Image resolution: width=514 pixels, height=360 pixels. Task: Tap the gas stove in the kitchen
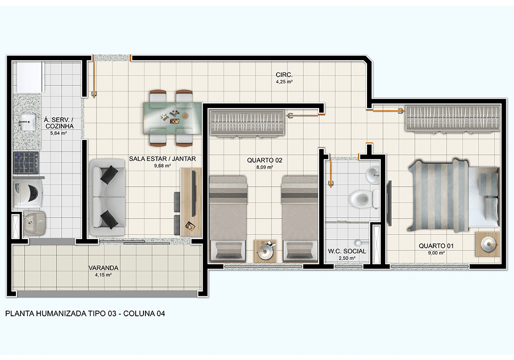coord(26,163)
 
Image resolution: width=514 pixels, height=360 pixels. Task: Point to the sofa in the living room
coord(107,197)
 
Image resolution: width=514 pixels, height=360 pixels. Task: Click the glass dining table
coord(172,118)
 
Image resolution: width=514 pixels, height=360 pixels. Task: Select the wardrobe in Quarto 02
coord(247,123)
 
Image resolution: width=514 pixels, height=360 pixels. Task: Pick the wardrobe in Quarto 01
coord(453,118)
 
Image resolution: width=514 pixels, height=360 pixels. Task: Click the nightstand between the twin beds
coord(265,250)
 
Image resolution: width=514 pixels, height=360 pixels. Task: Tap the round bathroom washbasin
coord(372,175)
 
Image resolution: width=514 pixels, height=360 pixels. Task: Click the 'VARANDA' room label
coord(103,268)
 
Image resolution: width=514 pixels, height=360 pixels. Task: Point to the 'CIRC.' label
coord(284,75)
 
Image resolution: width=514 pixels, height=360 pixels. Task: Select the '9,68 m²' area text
coord(162,166)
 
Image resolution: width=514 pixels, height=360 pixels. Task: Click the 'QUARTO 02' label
coord(265,160)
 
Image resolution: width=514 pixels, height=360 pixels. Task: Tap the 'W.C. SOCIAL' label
coord(347,251)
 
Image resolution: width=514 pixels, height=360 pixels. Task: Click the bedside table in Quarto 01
coord(487,244)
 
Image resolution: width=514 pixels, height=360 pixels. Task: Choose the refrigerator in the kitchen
coord(28,78)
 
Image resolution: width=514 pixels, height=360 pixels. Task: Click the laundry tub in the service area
coord(34,224)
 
